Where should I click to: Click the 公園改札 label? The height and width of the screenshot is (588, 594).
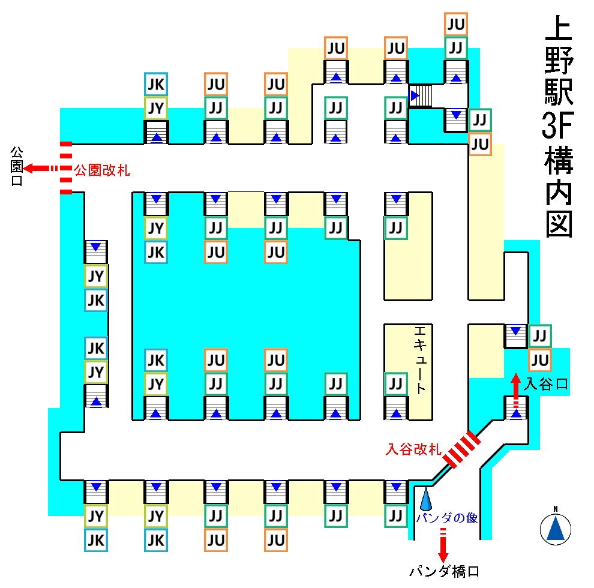(x=102, y=170)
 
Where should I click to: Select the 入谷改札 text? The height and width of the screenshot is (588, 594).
(x=413, y=448)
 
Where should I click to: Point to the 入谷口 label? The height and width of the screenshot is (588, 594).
(x=545, y=383)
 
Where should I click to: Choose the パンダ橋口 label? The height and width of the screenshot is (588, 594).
(x=445, y=571)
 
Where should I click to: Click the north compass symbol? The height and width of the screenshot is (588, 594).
(x=556, y=527)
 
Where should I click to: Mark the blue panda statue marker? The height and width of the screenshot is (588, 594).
(x=425, y=497)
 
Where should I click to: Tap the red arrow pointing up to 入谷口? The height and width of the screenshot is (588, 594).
(x=516, y=384)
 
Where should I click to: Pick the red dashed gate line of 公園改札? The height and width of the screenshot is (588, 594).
(x=66, y=168)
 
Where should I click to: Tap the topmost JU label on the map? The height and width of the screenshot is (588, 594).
(x=456, y=25)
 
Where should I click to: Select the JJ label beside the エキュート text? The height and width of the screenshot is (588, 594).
(x=395, y=383)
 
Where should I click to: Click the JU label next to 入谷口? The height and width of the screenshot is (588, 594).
(x=540, y=360)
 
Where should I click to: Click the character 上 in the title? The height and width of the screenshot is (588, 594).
(x=557, y=33)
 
